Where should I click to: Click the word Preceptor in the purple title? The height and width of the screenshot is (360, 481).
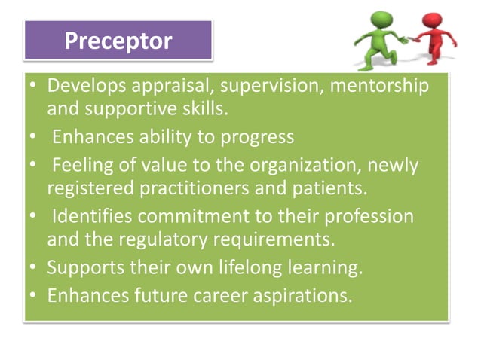tap(118, 40)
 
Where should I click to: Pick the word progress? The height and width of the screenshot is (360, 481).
tap(255, 136)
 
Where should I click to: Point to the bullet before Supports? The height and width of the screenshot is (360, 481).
tap(35, 267)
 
